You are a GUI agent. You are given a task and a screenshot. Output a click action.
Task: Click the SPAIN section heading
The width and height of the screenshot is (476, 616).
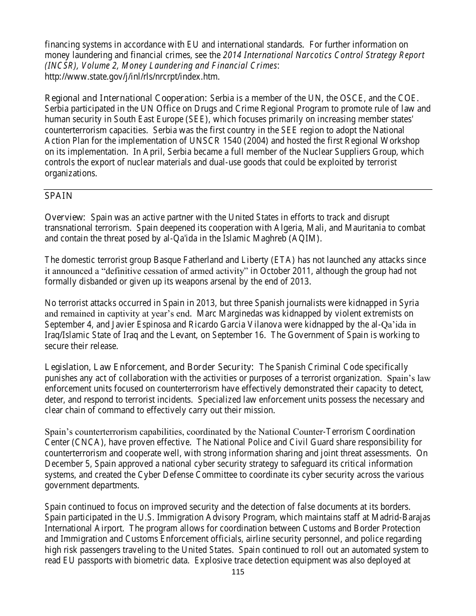pyautogui.click(x=59, y=196)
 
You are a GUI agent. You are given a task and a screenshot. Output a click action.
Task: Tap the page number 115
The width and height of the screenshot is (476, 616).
pyautogui.click(x=238, y=572)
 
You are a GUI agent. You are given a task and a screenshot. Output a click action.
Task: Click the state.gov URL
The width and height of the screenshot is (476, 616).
pyautogui.click(x=132, y=77)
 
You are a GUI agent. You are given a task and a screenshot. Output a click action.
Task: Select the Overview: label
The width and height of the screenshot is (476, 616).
pyautogui.click(x=65, y=217)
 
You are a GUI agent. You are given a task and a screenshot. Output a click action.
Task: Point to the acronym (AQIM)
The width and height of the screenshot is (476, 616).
pyautogui.click(x=304, y=238)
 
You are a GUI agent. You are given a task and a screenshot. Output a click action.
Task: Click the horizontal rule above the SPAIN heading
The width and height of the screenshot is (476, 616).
pyautogui.click(x=238, y=190)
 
